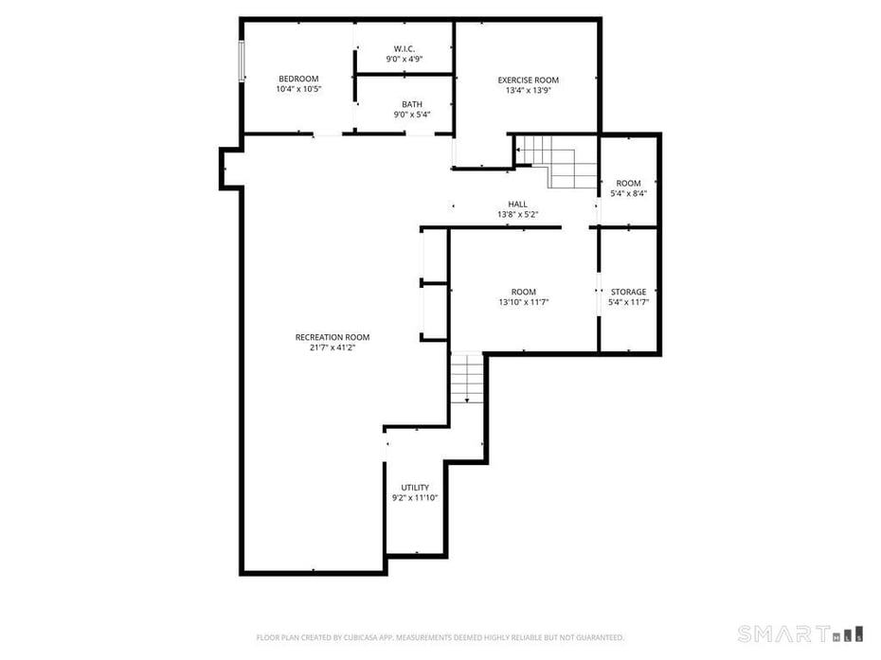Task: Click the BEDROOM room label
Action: coord(297,79)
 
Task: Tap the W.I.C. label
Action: coord(404,48)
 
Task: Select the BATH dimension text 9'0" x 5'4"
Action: coord(411,115)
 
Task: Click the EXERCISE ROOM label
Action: coord(528,80)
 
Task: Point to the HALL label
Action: coord(517,204)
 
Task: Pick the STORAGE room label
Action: coord(628,292)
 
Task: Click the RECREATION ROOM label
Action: coord(332,337)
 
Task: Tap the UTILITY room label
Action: coord(414,488)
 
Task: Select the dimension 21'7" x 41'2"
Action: coord(332,348)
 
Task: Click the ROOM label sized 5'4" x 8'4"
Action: coord(628,183)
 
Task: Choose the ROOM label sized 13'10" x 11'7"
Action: coord(523,292)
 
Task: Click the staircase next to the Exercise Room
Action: coord(556,160)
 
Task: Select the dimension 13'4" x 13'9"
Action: coord(528,91)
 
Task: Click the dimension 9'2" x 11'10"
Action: coord(414,498)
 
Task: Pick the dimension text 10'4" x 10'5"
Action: coord(297,89)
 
